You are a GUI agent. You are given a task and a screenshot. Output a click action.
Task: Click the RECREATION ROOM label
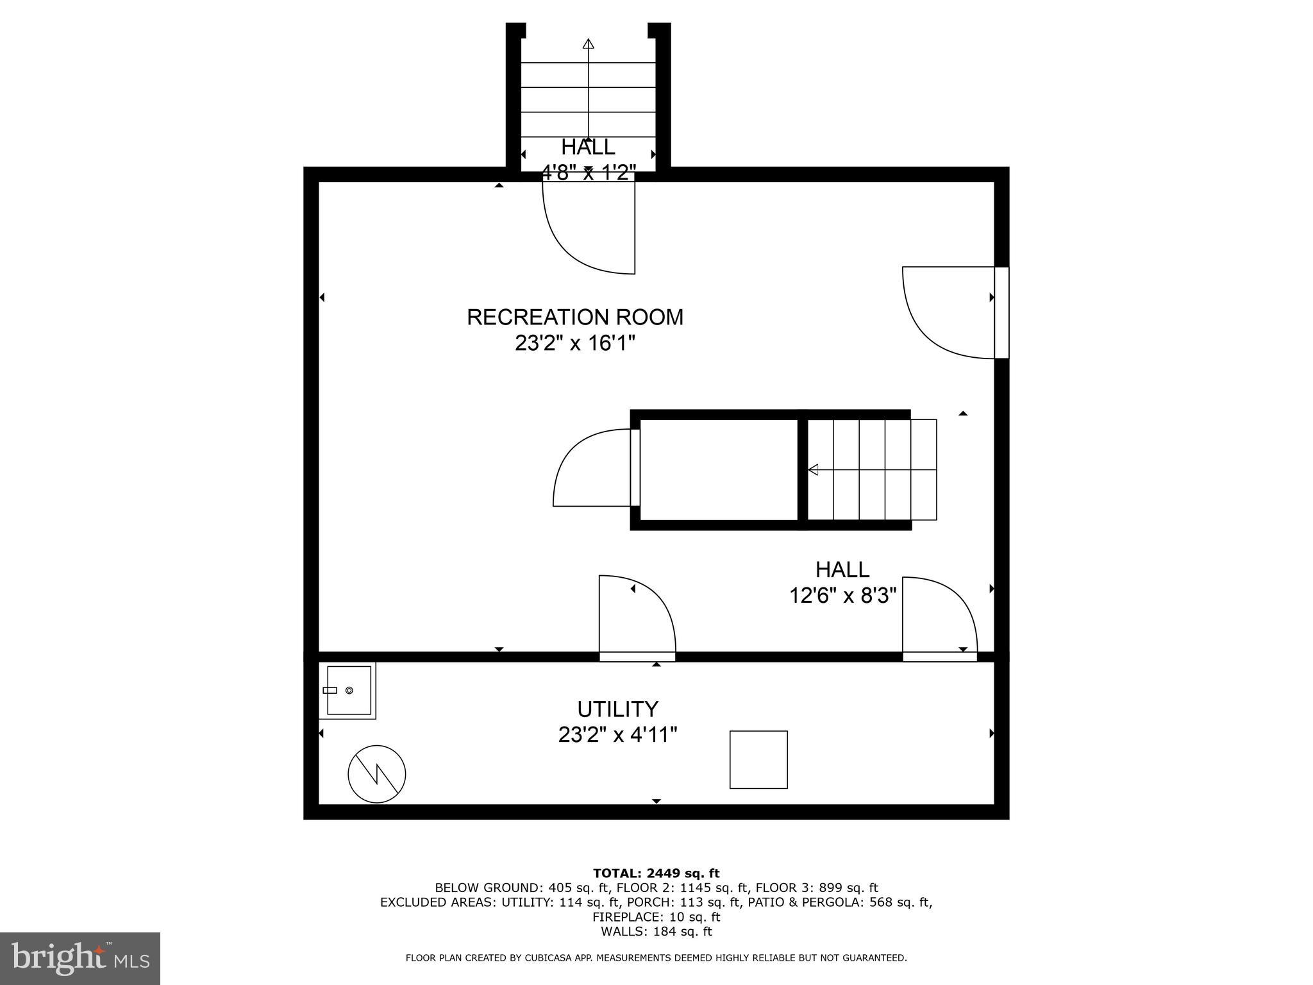pos(574,317)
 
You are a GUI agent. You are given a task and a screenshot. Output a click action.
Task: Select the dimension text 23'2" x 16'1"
pos(574,344)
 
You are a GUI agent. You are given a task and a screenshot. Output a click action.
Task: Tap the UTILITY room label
pos(617,709)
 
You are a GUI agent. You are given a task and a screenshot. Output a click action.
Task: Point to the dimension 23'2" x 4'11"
pos(617,734)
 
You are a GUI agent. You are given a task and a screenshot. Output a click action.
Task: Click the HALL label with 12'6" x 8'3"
pos(842,569)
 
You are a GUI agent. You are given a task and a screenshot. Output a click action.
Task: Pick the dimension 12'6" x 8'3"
pos(842,596)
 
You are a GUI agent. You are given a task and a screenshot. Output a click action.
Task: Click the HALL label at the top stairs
pos(588,147)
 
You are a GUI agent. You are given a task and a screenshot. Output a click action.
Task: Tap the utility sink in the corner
pos(348,691)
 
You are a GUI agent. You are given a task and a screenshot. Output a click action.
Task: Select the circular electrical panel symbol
pos(377,773)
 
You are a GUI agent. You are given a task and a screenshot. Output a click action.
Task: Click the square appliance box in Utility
pos(758,759)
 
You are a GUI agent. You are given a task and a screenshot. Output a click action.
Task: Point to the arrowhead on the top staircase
pos(588,44)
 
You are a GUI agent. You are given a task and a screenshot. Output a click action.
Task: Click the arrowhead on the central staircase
pos(813,470)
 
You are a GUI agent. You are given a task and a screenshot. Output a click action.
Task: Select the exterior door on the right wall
pos(949,312)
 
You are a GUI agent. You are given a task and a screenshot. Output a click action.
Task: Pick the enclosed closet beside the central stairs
pos(718,470)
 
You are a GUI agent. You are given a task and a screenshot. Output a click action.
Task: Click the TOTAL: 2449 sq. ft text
pos(656,873)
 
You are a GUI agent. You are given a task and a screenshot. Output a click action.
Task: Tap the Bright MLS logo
pos(79,958)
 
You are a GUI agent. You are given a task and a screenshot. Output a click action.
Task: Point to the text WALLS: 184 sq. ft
pos(656,932)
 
